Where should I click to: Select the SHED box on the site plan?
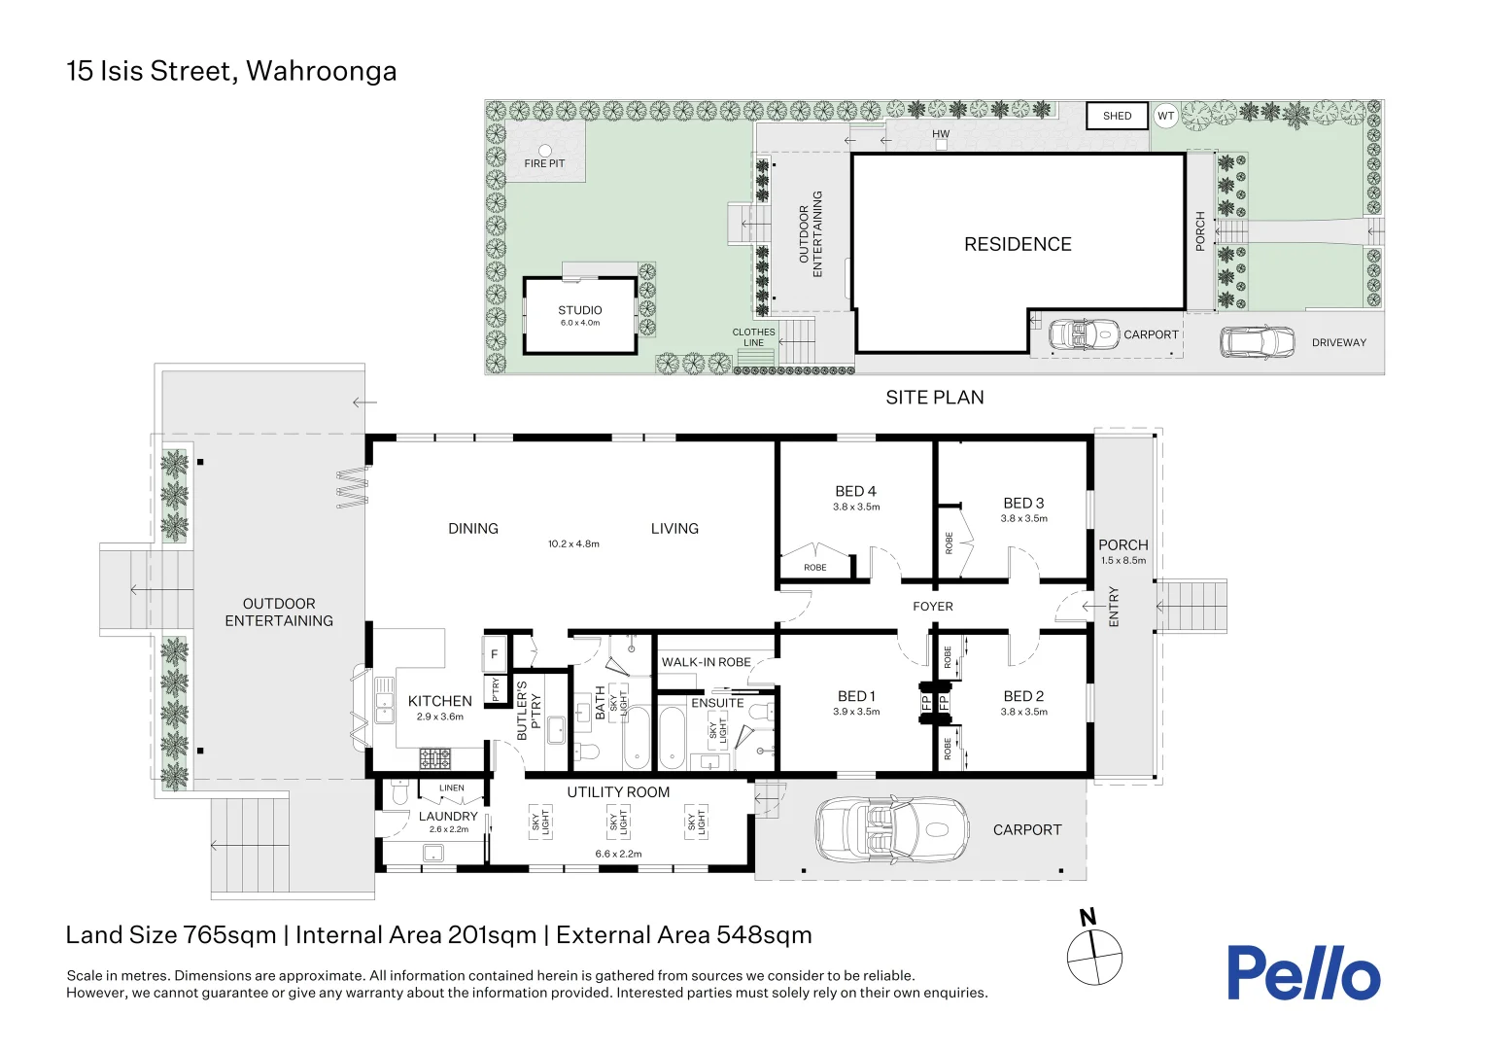point(1117,116)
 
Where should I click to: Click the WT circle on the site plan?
point(1165,116)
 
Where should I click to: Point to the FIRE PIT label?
point(544,163)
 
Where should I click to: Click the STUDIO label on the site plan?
point(580,310)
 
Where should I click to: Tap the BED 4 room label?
point(856,491)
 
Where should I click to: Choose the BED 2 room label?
point(1023,696)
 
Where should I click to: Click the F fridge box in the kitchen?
point(494,654)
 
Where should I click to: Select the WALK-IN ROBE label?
point(706,662)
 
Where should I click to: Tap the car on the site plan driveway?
point(1257,342)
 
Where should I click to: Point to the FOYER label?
point(933,607)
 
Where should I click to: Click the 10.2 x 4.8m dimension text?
point(573,543)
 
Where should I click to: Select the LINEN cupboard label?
point(452,788)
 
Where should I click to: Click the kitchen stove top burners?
point(434,758)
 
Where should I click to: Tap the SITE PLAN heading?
point(935,398)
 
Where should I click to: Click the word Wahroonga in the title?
point(322,72)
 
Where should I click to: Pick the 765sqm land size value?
point(229,935)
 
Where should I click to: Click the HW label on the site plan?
point(941,133)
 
